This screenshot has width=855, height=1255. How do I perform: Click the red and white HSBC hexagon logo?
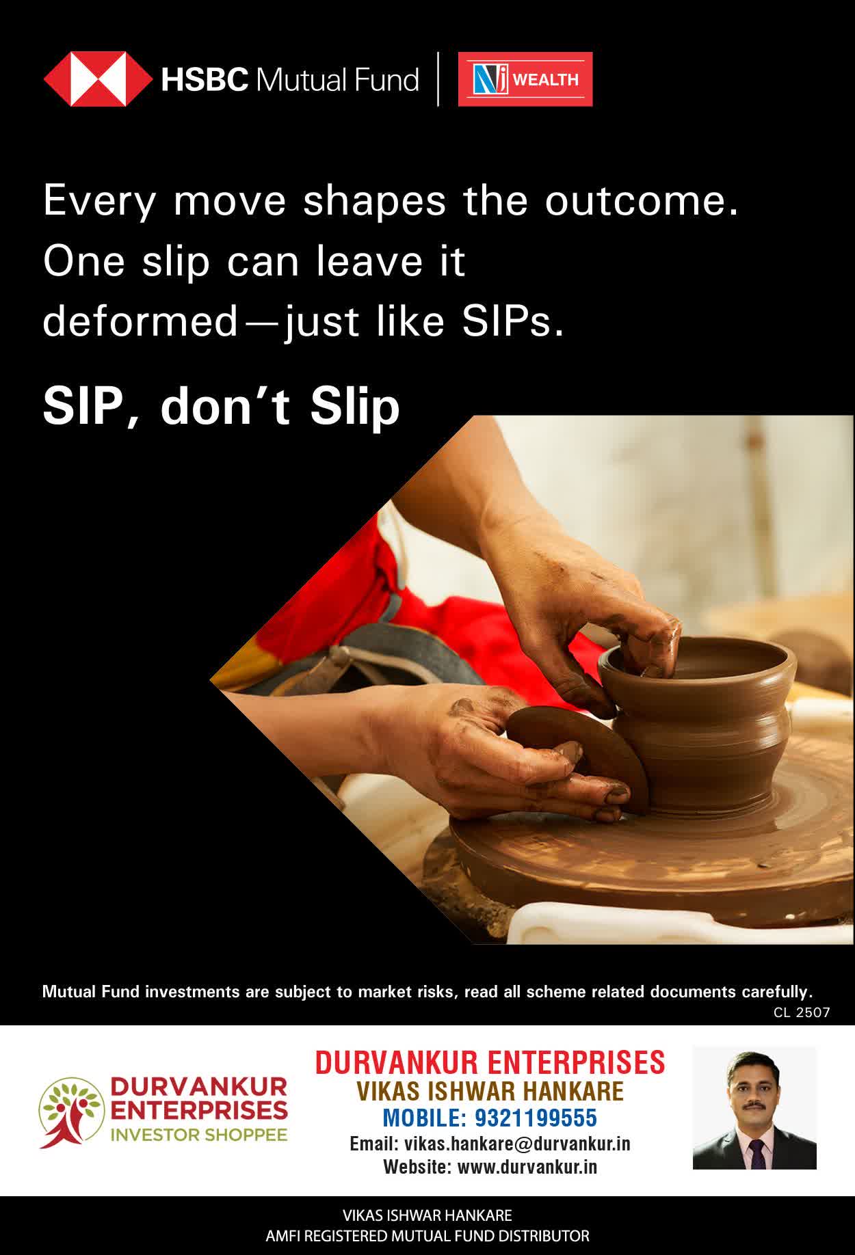coord(98,79)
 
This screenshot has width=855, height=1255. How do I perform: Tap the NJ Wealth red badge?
coord(525,79)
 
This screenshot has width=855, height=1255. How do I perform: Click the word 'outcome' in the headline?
coord(642,201)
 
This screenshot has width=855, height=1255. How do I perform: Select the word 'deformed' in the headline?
coord(140,321)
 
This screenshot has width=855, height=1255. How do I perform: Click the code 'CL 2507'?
coord(802,1012)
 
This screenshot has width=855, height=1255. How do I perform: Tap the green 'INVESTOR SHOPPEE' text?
coord(199,1135)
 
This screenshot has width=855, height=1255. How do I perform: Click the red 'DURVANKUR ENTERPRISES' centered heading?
coord(490,1063)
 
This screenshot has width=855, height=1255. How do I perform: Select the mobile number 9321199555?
coord(536,1118)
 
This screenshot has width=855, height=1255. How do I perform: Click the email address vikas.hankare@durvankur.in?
coord(517,1144)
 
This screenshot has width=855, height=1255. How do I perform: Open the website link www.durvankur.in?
coord(527,1167)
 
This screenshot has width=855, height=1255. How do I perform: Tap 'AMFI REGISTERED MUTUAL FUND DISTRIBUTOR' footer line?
coord(428,1236)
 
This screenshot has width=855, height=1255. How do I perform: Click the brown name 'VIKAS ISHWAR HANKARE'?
coord(490,1091)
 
